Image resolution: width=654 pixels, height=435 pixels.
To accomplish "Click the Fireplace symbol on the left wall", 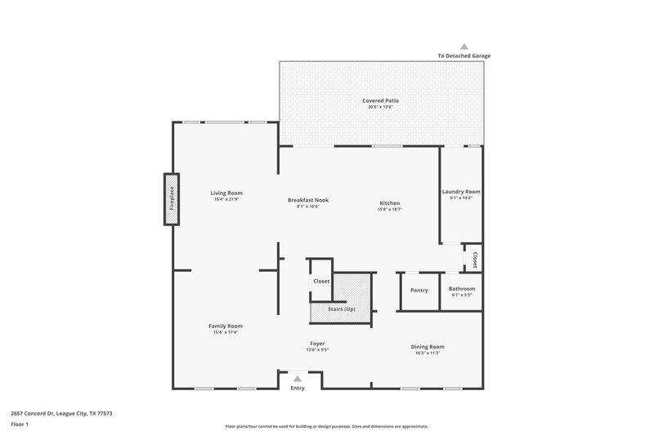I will pos(172,199).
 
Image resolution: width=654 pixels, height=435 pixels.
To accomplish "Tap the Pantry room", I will pos(419,291).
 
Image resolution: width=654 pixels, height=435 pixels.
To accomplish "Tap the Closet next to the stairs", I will pos(321,281).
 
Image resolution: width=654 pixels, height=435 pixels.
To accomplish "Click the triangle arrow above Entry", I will pos(298,379).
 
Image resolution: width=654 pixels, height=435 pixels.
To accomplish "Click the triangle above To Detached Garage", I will pos(464,47).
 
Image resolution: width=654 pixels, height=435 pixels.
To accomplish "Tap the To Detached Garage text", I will pos(464,55).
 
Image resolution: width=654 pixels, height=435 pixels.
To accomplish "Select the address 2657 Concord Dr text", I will pos(61,413).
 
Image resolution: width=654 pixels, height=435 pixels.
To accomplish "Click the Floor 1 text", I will pos(19,424).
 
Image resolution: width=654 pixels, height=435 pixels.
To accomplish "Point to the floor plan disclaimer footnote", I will pos(326,426).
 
